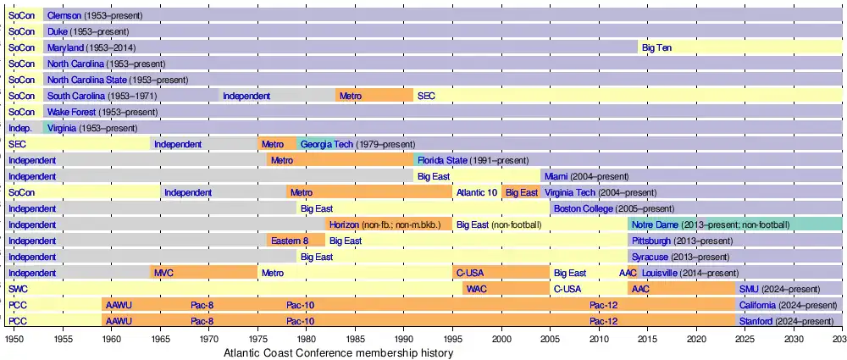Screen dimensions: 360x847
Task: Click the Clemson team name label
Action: (x=64, y=16)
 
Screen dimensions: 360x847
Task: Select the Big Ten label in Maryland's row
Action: (x=656, y=48)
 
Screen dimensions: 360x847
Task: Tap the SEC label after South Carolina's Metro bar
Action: (x=426, y=97)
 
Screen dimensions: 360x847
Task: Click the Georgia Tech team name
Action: (x=326, y=145)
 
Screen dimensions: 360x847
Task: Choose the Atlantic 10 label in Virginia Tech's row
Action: (x=477, y=193)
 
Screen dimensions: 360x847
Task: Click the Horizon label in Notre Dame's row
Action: (x=344, y=225)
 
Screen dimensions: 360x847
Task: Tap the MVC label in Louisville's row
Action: (x=163, y=274)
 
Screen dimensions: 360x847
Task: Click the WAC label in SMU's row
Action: (x=477, y=290)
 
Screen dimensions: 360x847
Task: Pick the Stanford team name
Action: (x=756, y=322)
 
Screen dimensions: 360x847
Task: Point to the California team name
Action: (x=761, y=306)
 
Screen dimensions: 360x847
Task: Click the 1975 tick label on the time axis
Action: (x=257, y=339)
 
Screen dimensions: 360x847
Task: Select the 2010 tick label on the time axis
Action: (x=598, y=339)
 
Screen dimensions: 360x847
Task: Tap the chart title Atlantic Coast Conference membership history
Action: (x=339, y=352)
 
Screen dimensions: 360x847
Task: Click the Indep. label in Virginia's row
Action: (x=20, y=129)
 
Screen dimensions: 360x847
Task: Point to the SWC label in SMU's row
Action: (x=18, y=290)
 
